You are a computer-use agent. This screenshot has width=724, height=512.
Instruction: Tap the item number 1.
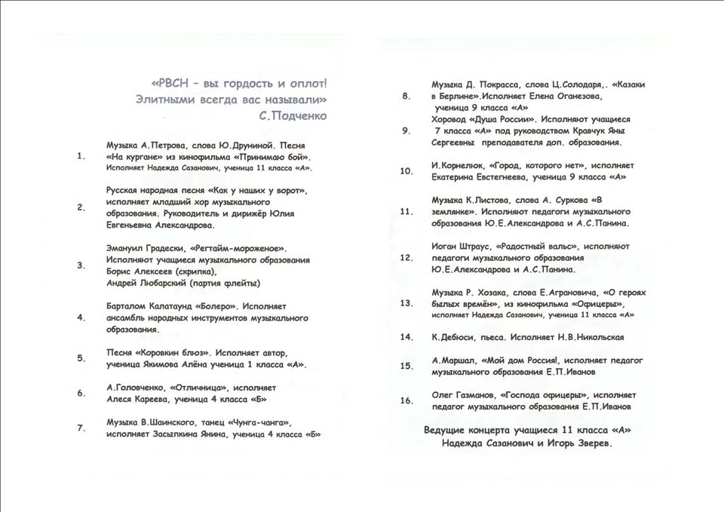[x=81, y=157]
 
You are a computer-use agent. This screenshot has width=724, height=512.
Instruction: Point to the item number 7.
[x=81, y=428]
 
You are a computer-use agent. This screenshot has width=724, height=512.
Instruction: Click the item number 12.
[x=406, y=258]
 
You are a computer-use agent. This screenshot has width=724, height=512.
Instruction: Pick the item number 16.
[x=406, y=400]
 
